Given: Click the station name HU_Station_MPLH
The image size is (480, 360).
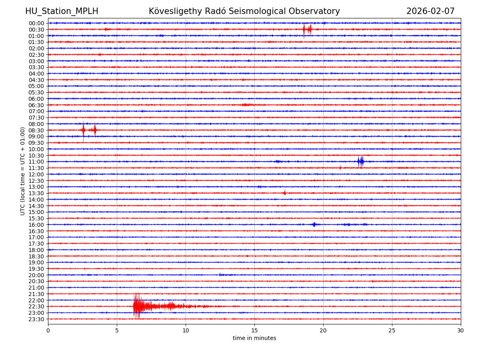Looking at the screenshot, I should pos(62,11).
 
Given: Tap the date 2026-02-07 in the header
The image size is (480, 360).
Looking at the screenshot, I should pos(430,11).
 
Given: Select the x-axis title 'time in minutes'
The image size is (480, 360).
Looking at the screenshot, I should pos(254,338).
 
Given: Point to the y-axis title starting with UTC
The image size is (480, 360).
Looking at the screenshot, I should pos(23,171).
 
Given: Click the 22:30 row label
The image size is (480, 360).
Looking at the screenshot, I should pos(36,306).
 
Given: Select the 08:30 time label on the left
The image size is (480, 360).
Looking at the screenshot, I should pos(36,130).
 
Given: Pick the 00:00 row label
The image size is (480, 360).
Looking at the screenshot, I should pos(36,23).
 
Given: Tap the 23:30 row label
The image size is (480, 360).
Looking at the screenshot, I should pos(36,319).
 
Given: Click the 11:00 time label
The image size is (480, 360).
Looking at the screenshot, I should pos(36,162).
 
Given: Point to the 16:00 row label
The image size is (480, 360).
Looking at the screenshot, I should pos(36,225).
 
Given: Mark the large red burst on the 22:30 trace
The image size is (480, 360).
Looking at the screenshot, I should pos(138,306).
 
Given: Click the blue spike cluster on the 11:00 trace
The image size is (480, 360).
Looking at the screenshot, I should pos(361,162).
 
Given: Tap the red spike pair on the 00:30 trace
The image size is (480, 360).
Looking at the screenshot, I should pos(307,29).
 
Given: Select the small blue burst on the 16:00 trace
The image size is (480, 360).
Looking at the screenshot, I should pos(314,224).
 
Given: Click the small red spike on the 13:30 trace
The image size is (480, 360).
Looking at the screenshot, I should pos(284,193).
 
